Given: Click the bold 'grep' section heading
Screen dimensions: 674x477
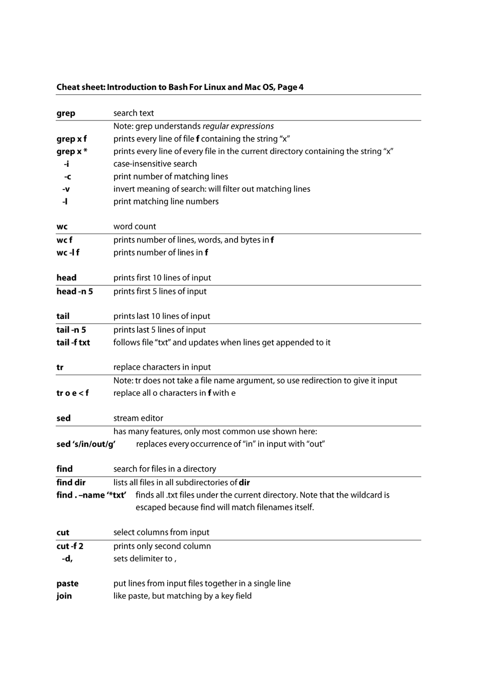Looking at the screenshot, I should pos(66,114).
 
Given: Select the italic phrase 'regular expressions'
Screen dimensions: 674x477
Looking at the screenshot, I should pos(238,127).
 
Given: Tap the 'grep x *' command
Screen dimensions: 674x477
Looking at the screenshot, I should pos(72,152).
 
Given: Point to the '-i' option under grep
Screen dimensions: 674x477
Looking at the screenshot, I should pos(66,164).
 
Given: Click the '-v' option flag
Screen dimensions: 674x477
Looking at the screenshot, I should pos(66,189).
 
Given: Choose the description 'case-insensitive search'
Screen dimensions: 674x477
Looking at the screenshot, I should pos(155,164).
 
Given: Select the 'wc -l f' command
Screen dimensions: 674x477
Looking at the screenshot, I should pos(68,253).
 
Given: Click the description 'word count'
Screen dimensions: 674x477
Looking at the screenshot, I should pos(135,227).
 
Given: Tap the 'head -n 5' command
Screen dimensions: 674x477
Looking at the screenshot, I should pos(74,292).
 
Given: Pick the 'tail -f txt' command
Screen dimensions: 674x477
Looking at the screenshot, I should pos(73,343).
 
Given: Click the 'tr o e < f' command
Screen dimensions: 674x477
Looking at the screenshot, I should pos(72,393).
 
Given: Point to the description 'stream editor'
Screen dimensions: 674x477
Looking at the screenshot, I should pos(138,418).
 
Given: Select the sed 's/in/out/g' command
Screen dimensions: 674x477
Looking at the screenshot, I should pos(86,444).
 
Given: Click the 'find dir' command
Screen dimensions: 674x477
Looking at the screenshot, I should pos(71,483).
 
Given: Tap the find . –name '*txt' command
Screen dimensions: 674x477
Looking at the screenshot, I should pos(91,495).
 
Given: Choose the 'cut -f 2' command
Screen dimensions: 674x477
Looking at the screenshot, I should pos(70,546).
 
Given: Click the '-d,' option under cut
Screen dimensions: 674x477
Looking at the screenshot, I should pos(67,559).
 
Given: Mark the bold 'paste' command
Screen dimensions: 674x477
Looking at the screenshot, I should pos(67,584).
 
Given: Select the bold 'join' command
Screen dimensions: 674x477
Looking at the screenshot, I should pos(64,597).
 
